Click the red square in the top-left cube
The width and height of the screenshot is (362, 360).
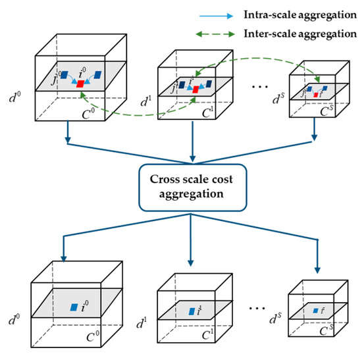tap(80, 84)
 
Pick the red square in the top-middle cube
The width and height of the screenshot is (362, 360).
tap(195, 89)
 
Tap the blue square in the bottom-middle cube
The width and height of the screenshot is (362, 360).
tap(192, 311)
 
